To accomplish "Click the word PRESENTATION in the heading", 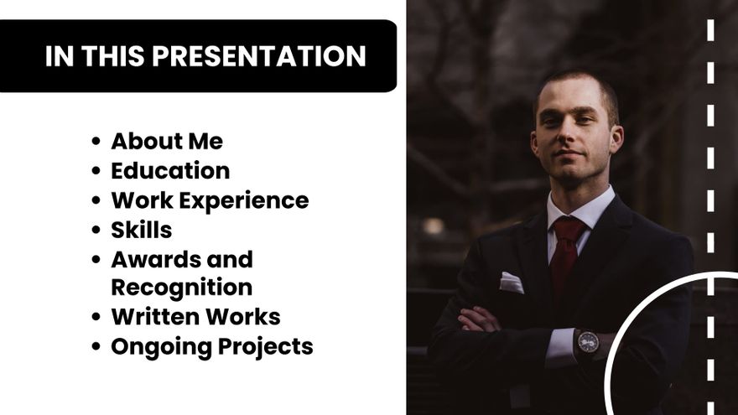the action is point(259,56).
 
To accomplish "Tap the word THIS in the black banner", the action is point(113,56).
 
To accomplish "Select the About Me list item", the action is point(167,141).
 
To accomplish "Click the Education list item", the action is point(170,171).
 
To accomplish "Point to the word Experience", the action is point(244,201).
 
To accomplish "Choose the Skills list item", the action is point(141,230).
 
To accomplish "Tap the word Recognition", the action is point(182,288).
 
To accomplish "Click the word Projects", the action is point(266,347).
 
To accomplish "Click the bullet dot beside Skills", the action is point(96,230).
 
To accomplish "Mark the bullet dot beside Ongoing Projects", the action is point(96,347).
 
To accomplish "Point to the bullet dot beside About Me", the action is point(96,141).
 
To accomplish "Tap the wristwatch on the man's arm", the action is point(588,342).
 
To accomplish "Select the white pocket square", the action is point(511,283).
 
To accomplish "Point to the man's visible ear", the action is point(617,139).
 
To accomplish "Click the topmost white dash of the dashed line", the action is point(710,30).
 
